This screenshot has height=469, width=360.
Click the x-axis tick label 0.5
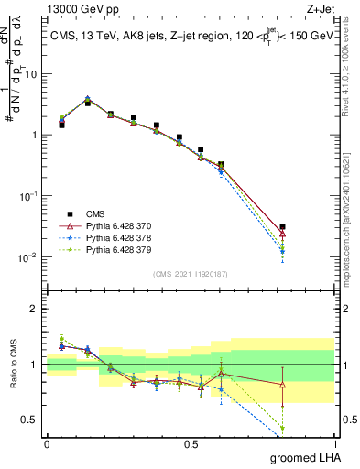click(x=191, y=444)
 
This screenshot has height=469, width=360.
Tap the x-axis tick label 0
click(x=47, y=444)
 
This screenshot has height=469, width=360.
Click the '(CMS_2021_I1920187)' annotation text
click(x=190, y=273)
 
